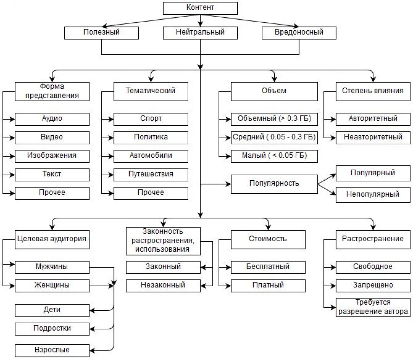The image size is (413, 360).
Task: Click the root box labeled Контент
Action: [200, 8]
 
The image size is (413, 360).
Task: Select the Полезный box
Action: [102, 33]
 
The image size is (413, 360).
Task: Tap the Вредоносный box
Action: [299, 33]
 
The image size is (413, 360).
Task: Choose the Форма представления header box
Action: [52, 92]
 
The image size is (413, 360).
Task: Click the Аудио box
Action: [52, 119]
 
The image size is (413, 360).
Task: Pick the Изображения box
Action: [52, 156]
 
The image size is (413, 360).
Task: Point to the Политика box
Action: [151, 138]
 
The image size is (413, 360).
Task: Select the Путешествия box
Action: [151, 175]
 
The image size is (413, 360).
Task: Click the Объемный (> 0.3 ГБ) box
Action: [274, 119]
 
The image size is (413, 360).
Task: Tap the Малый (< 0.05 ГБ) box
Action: [274, 156]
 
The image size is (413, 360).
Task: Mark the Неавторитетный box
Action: [373, 138]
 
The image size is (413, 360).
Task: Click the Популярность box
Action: [274, 184]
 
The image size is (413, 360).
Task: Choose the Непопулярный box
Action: [373, 195]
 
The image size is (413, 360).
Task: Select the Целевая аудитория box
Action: [52, 240]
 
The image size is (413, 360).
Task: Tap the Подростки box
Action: [52, 329]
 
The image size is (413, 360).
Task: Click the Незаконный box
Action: [163, 286]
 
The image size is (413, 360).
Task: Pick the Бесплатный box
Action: [268, 267]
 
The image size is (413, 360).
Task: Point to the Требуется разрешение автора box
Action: [373, 307]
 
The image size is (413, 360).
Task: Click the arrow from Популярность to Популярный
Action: [327, 179]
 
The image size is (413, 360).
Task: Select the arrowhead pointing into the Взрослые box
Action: [92, 351]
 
